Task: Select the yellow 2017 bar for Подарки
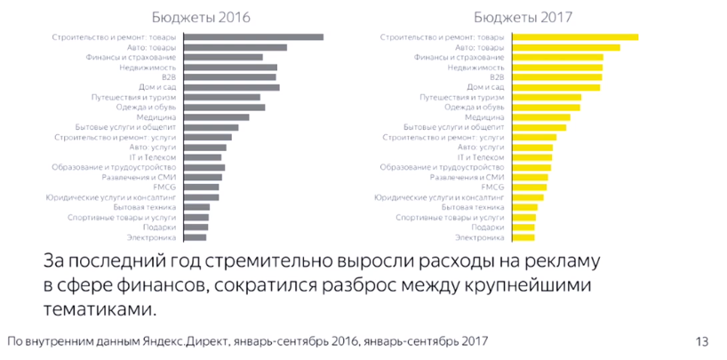click(x=523, y=228)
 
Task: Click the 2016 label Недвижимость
click(x=148, y=68)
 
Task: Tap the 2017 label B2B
click(x=496, y=77)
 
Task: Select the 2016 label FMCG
click(x=164, y=188)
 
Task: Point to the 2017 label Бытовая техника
click(x=475, y=207)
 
